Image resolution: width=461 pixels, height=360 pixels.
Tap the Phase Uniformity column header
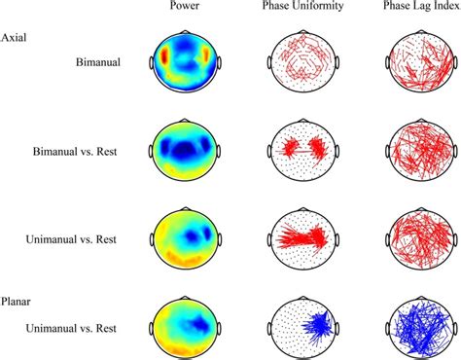[x=301, y=9]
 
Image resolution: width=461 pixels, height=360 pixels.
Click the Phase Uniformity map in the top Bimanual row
[x=301, y=63]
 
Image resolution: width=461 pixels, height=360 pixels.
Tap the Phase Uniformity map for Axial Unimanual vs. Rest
[x=301, y=234]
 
